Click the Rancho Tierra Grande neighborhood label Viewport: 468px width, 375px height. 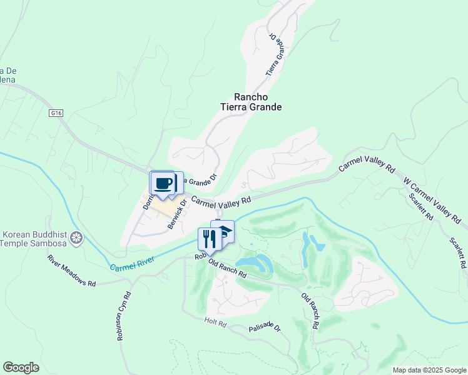(258, 102)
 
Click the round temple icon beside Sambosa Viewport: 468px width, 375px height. (76, 237)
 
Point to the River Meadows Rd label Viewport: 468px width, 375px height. (71, 270)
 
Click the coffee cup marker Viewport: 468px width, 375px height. (163, 184)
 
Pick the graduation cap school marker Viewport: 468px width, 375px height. (224, 231)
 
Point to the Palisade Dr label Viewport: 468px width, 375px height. (265, 327)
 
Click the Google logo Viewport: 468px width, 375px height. (21, 367)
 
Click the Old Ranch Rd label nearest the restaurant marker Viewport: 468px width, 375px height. (227, 269)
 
